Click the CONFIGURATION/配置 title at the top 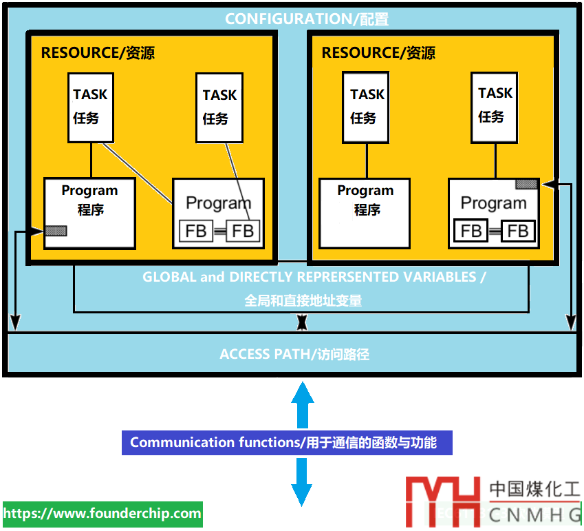[x=307, y=19]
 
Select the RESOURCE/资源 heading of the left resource [x=98, y=52]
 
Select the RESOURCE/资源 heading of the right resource [x=378, y=52]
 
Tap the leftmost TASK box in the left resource [x=91, y=107]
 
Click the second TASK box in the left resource [x=219, y=107]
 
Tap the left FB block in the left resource [x=196, y=231]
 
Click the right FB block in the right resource [x=518, y=230]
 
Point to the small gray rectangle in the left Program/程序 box [x=56, y=231]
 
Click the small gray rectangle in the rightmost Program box [x=527, y=184]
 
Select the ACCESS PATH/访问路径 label [x=294, y=354]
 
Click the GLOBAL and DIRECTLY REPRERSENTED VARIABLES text [x=314, y=277]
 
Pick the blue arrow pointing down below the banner [x=301, y=482]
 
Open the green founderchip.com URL [x=102, y=514]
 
